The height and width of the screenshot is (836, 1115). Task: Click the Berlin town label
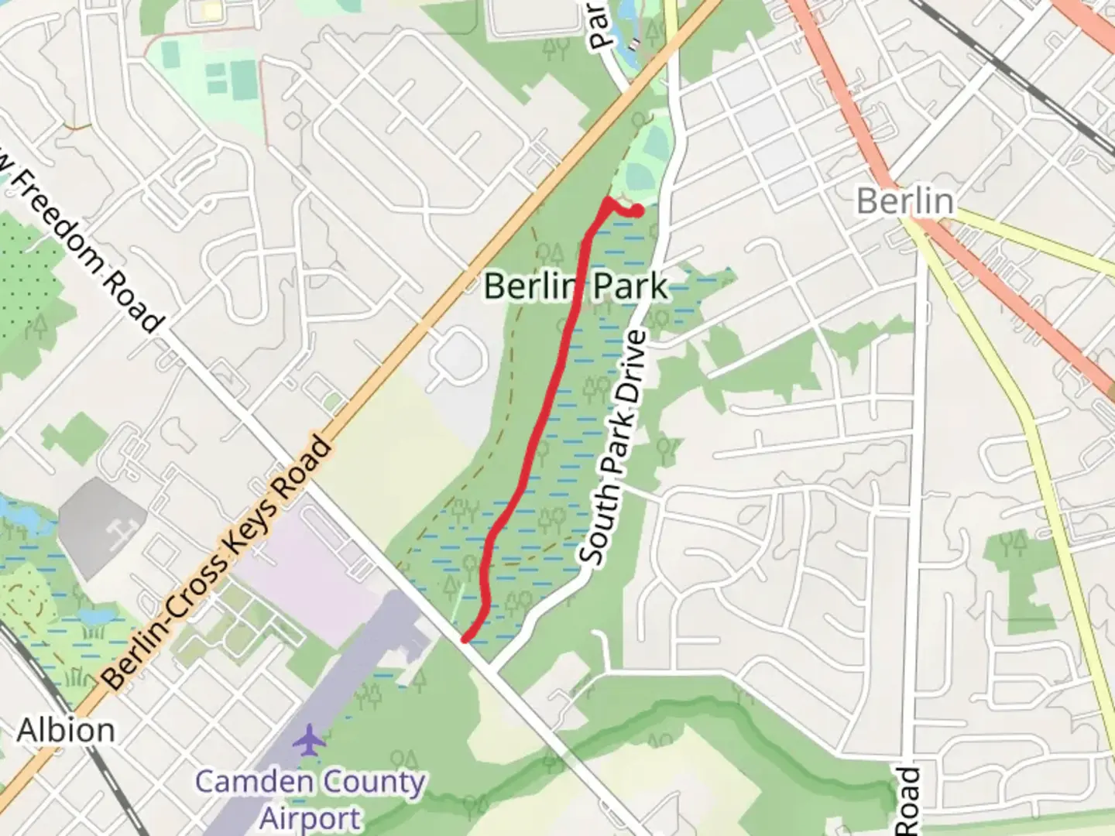click(x=904, y=200)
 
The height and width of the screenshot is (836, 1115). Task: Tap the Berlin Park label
click(x=575, y=286)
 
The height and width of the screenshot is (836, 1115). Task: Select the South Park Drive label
click(x=612, y=447)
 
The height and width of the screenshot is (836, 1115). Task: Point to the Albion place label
click(x=66, y=730)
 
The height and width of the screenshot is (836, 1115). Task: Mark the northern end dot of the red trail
click(x=637, y=211)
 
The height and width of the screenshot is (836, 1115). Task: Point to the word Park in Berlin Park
click(x=630, y=286)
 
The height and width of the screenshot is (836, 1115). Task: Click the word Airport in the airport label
click(x=310, y=818)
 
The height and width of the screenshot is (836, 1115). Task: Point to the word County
click(x=372, y=781)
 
